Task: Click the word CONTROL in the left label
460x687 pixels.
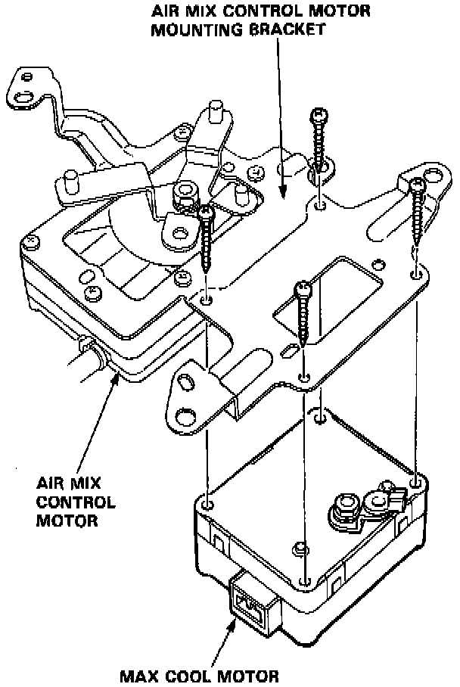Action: point(76,502)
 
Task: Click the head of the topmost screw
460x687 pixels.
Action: point(319,116)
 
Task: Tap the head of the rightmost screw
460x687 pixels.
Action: point(417,184)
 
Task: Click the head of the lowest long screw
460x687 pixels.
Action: point(302,288)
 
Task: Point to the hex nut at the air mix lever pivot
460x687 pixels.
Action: point(182,198)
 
